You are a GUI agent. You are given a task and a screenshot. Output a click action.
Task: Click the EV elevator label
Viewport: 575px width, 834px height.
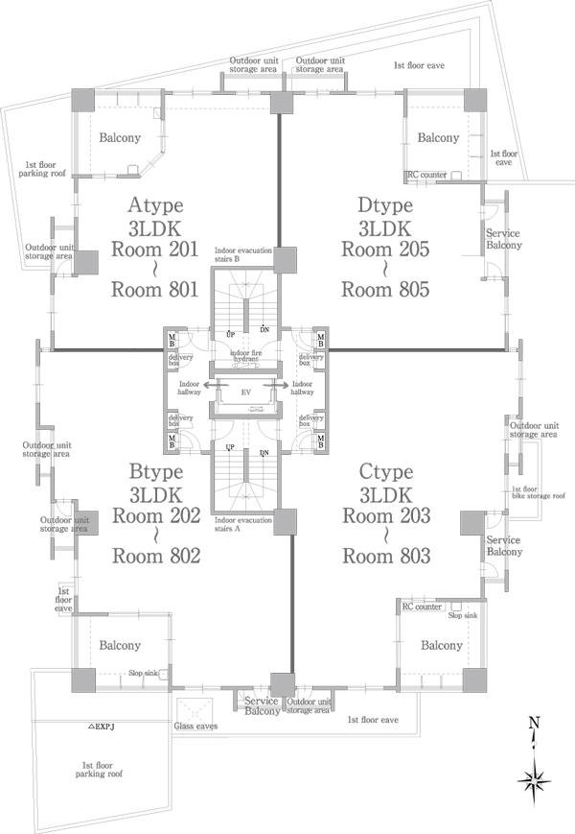245,393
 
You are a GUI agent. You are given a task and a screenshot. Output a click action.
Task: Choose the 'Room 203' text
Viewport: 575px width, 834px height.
385,516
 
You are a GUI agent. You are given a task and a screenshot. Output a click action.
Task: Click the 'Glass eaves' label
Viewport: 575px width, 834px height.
196,726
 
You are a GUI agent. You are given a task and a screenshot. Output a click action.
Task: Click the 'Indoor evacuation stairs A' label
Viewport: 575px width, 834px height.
243,524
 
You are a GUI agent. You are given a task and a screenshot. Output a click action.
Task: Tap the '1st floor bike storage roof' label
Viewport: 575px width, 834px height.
537,492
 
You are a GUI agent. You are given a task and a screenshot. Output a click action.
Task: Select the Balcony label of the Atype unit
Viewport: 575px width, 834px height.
120,138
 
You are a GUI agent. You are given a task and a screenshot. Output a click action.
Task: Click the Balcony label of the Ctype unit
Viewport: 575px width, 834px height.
442,646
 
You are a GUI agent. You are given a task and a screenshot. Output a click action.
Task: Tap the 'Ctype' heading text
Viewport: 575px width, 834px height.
385,471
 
